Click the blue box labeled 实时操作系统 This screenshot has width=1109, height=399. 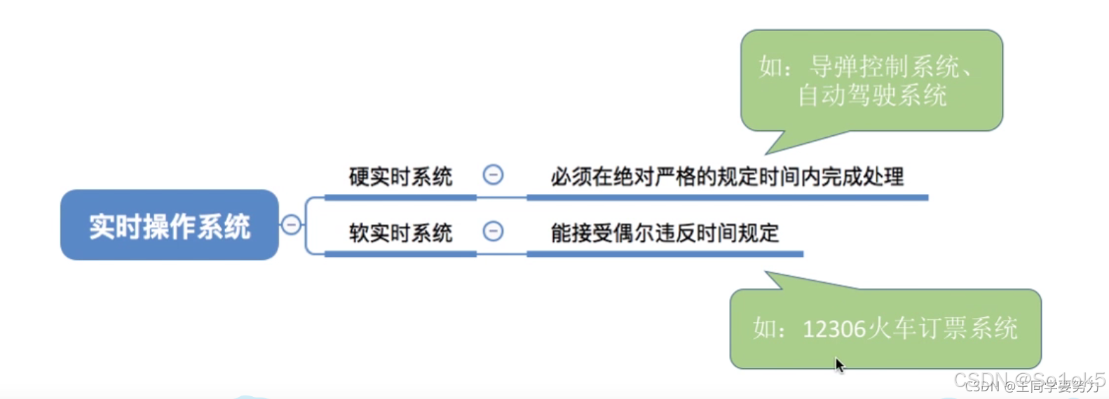[x=169, y=225]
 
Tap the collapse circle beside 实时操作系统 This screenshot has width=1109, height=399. [x=291, y=225]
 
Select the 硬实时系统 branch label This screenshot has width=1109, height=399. [x=400, y=176]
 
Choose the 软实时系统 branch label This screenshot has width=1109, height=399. [x=400, y=232]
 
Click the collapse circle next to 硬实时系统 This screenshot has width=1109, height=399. [x=493, y=175]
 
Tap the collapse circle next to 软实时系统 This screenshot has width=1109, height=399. [x=493, y=231]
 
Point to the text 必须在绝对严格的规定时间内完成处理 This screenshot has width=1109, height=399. [x=727, y=176]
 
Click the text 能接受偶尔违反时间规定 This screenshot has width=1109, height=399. [x=665, y=232]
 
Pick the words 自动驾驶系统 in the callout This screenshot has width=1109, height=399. [x=872, y=95]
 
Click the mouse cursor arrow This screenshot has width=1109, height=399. [x=839, y=365]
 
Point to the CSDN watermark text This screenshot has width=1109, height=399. [x=1029, y=382]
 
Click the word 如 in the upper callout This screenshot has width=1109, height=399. [x=770, y=67]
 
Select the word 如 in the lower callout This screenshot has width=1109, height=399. [x=765, y=328]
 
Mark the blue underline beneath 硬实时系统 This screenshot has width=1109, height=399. [x=400, y=197]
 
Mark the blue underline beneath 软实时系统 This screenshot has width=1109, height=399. [x=400, y=253]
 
